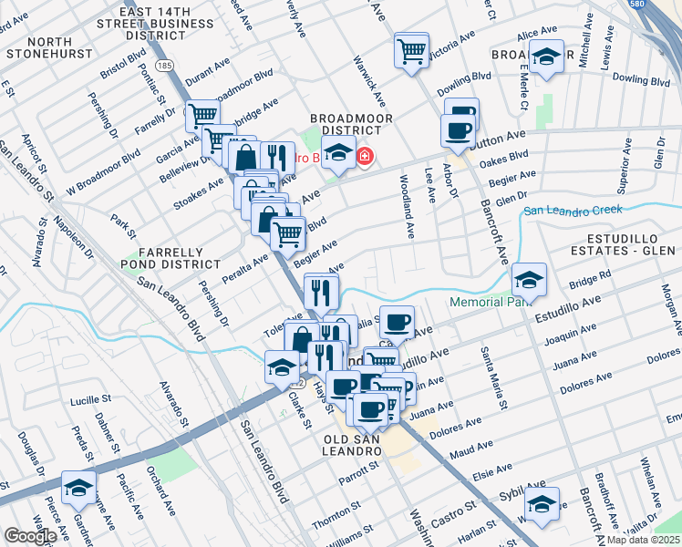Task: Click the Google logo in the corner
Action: (x=29, y=536)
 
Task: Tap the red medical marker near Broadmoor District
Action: (x=365, y=158)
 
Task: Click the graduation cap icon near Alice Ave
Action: (x=545, y=58)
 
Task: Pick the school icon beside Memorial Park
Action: (x=529, y=278)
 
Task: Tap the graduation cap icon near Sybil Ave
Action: (x=542, y=502)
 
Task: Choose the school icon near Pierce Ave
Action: (x=78, y=487)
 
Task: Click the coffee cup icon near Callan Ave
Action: (x=397, y=322)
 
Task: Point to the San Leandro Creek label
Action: (x=573, y=211)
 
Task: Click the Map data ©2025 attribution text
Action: (x=644, y=540)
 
